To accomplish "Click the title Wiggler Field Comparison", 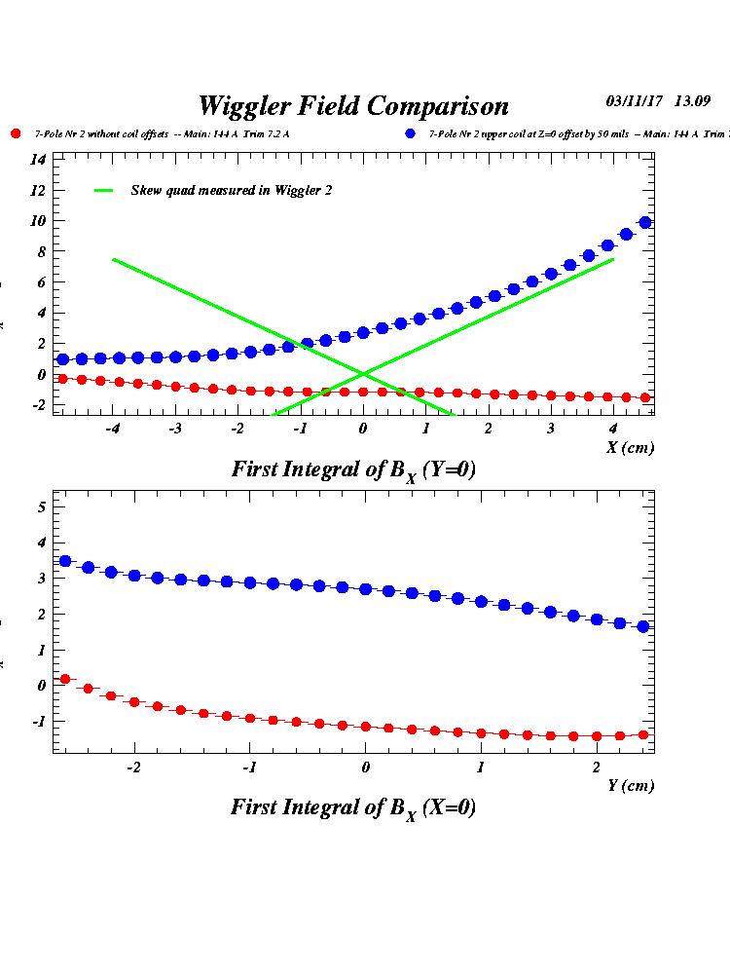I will [x=352, y=105].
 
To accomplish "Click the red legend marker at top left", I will [x=15, y=133].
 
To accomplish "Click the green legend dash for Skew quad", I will [x=104, y=191].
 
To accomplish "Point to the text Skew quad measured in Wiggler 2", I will [x=232, y=191].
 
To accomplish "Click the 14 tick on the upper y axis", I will [x=37, y=159].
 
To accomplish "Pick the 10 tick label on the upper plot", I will [x=37, y=220].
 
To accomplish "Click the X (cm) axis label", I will [x=631, y=447].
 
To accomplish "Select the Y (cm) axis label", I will [x=631, y=785].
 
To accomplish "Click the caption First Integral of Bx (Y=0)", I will [x=353, y=469].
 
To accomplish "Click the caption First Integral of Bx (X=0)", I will [x=353, y=808].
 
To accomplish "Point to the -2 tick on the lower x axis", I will [x=132, y=767].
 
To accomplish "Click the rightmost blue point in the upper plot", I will [x=644, y=223].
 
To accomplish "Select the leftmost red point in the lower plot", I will [x=65, y=679].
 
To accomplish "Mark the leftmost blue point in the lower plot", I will [x=65, y=561].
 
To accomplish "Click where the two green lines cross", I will [x=363, y=373].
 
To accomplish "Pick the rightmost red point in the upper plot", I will [x=644, y=397].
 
